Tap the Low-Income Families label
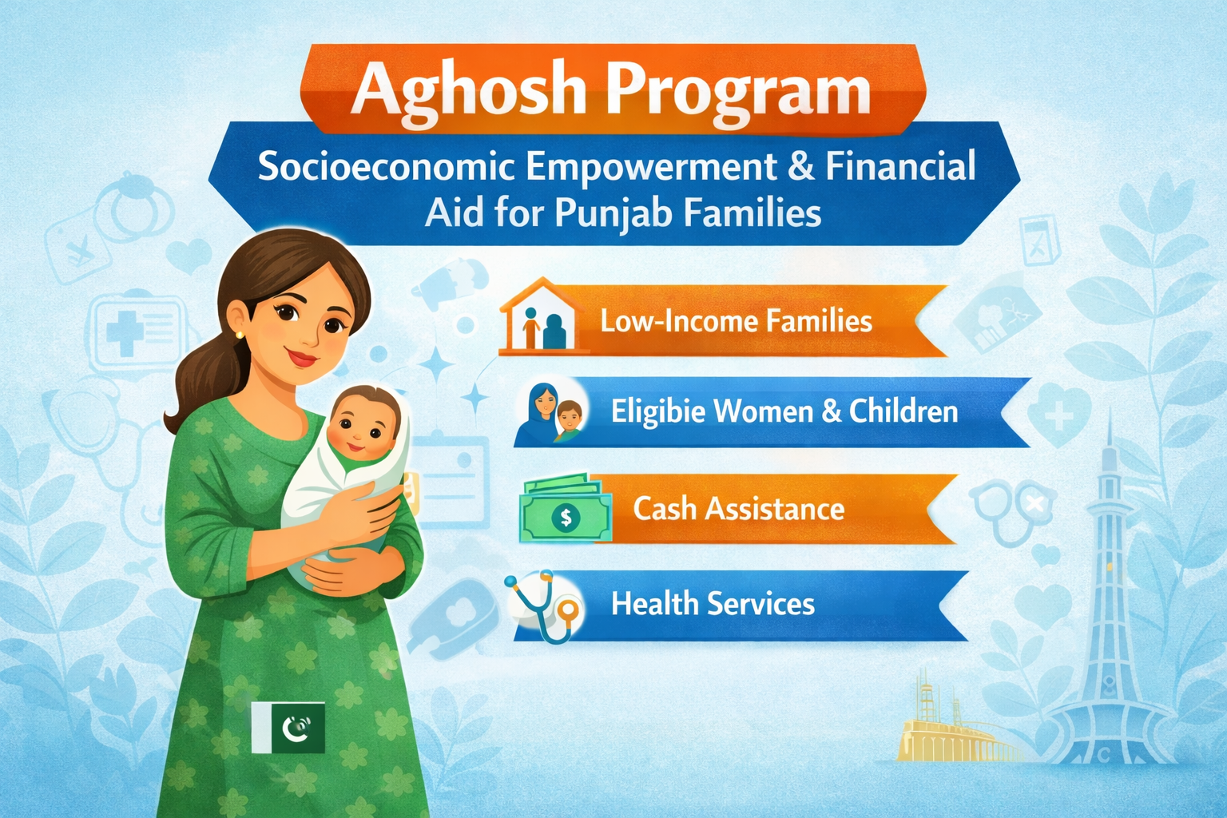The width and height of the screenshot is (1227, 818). click(736, 321)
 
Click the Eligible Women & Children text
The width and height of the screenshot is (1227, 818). click(784, 411)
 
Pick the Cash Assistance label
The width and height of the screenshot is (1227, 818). click(738, 509)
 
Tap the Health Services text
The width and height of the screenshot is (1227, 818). click(713, 604)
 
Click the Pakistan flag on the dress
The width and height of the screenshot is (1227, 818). click(288, 728)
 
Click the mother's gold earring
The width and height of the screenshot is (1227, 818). click(240, 334)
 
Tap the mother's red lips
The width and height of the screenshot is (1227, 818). click(303, 359)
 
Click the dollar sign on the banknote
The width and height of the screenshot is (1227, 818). click(566, 517)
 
